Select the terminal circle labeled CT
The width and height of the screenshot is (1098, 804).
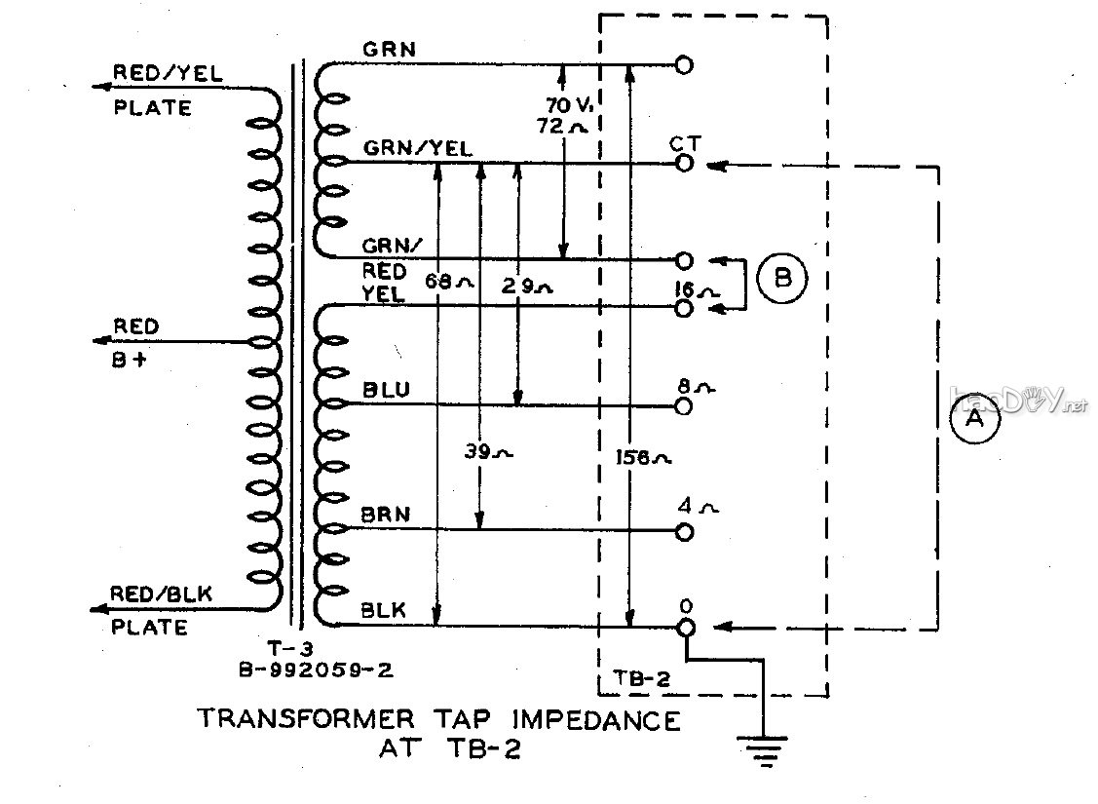click(684, 164)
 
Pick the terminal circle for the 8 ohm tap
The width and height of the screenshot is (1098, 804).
click(684, 404)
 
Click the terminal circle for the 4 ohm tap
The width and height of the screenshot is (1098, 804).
click(684, 531)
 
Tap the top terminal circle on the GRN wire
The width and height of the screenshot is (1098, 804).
click(684, 65)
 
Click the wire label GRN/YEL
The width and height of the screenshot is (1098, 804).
click(419, 149)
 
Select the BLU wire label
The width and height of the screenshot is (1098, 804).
click(385, 390)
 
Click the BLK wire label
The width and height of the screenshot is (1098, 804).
click(384, 611)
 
